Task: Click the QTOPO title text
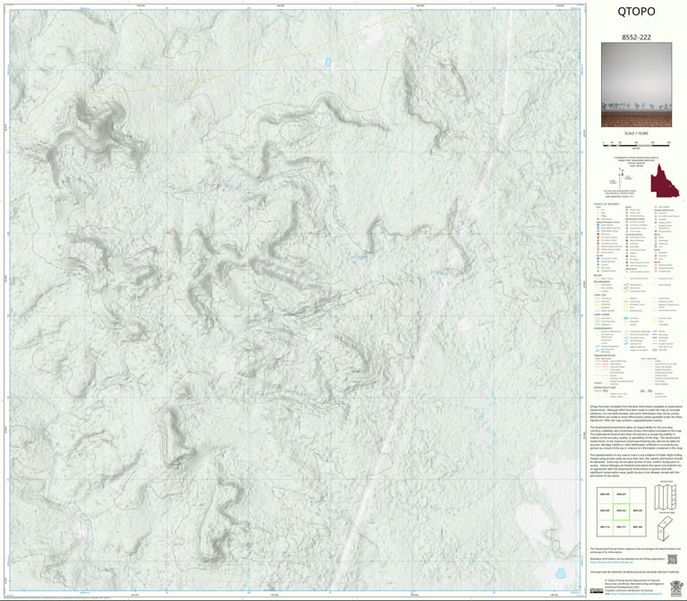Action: pos(636,12)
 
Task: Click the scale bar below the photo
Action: pos(636,142)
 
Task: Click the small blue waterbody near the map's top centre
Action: pos(327,63)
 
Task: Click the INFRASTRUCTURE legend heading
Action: pos(606,387)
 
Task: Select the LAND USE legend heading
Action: pos(601,295)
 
